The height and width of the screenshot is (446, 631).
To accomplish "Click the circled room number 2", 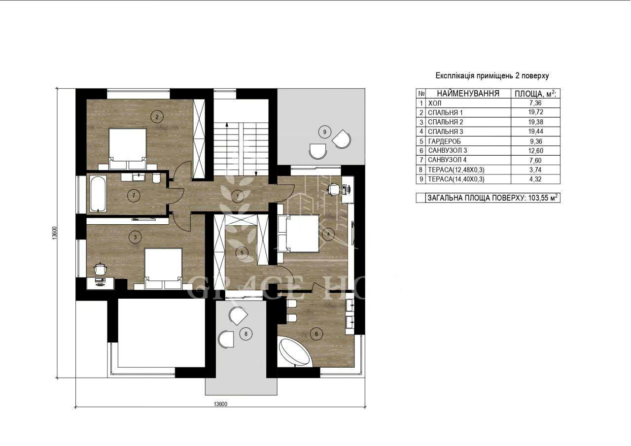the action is [157, 117].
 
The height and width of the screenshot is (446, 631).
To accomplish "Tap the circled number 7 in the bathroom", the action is [134, 196].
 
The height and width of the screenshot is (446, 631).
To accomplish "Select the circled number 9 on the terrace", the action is [324, 132].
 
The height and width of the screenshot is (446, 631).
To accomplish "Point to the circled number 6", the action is [316, 334].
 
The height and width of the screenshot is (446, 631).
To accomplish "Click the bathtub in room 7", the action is [98, 194].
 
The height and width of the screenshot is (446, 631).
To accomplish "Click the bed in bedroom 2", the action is [128, 149].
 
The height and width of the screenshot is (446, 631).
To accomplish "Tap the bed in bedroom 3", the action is [163, 269].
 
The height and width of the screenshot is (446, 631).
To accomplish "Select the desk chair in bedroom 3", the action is [100, 269].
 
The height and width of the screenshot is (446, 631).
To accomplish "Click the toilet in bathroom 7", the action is [156, 178].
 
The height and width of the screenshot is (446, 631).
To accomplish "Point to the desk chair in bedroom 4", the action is [333, 189].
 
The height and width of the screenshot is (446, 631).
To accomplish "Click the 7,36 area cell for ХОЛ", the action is [535, 103].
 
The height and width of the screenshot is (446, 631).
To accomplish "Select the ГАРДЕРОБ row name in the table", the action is [444, 141].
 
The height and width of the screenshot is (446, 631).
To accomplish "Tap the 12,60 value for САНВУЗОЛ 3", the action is [535, 151].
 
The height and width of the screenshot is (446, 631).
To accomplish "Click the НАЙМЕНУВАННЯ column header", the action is [468, 94].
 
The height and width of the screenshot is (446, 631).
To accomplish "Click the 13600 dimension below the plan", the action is [220, 404].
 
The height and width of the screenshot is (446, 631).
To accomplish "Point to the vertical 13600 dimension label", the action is [55, 233].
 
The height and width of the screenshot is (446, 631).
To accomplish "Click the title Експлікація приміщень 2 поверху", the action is [492, 76].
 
